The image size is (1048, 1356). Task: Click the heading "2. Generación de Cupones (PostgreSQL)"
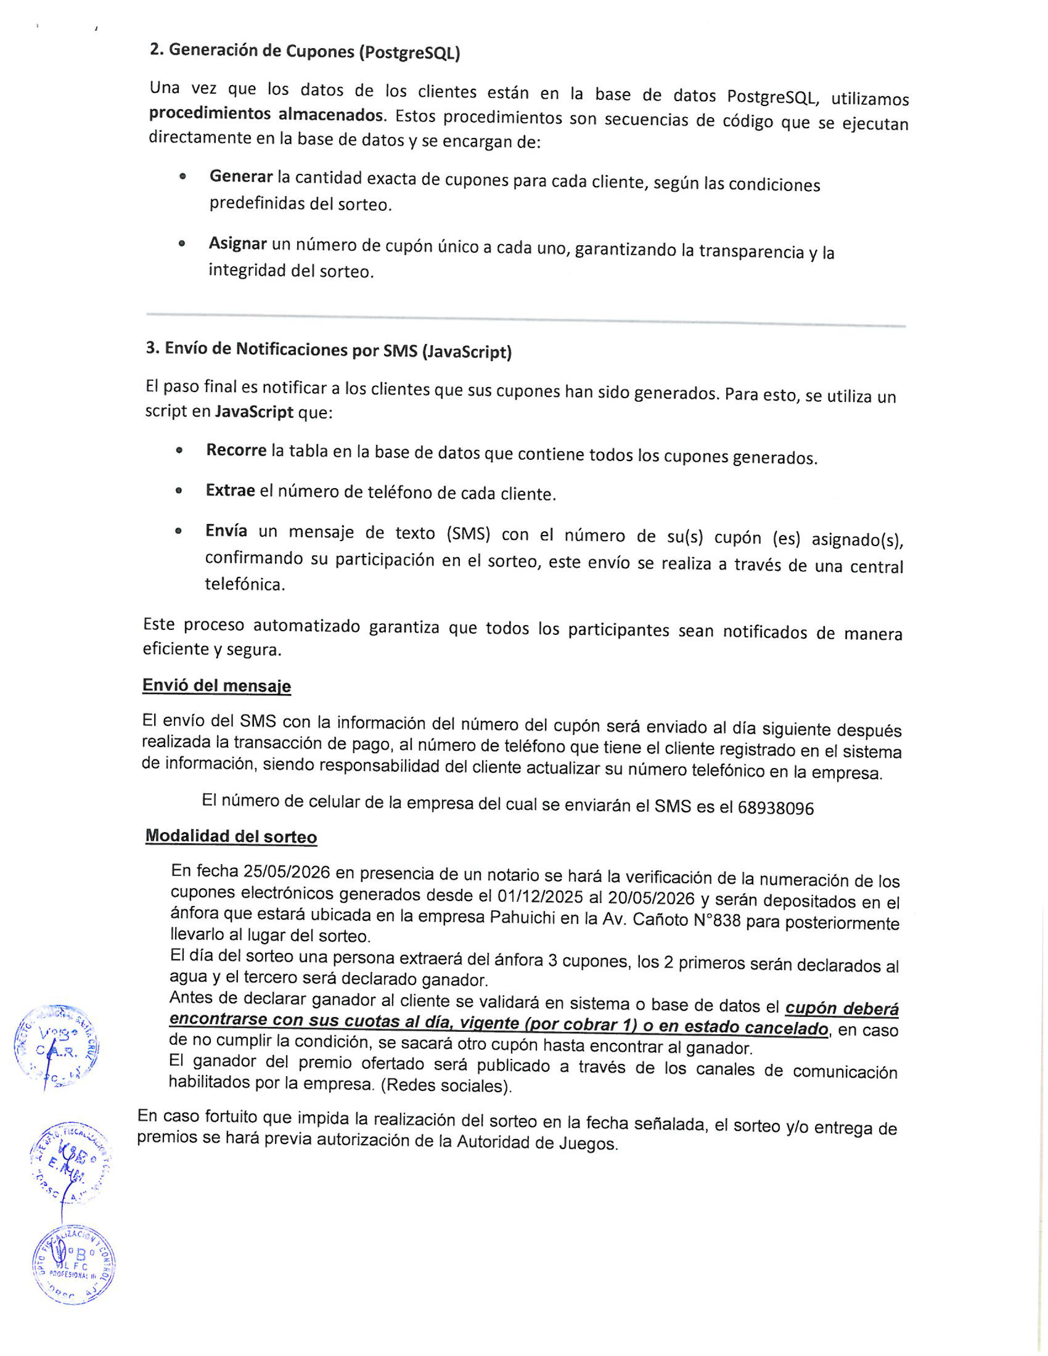(x=304, y=51)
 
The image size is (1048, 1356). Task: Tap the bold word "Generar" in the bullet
(x=241, y=177)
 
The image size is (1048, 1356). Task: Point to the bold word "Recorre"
(x=236, y=450)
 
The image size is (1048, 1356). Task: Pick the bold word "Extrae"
(x=230, y=491)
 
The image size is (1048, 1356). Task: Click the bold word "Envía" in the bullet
(x=226, y=531)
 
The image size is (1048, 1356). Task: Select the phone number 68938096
(x=776, y=808)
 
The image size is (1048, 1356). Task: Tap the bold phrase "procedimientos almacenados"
(x=266, y=114)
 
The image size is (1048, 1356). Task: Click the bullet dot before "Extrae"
(x=179, y=491)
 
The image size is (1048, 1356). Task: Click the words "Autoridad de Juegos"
(x=537, y=1142)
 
